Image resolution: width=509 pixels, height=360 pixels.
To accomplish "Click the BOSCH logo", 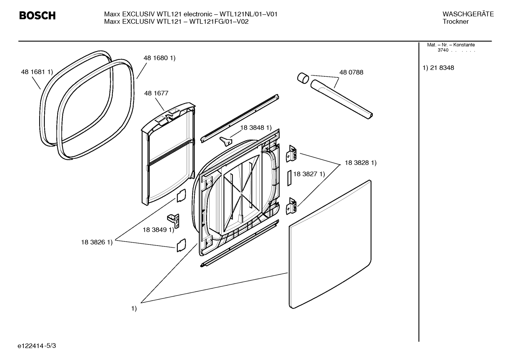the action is (37, 16).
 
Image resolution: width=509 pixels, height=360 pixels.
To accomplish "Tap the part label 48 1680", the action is (156, 58).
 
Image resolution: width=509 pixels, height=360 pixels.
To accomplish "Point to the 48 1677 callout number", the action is (156, 93).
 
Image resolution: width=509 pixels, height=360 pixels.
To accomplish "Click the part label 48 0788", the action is (351, 72).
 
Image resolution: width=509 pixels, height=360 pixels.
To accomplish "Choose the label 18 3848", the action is (252, 128).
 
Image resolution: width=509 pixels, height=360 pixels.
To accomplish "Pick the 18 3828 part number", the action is (357, 163).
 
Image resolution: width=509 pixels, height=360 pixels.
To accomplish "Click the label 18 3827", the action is (305, 174).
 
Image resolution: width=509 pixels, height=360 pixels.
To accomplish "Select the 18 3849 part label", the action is (155, 230).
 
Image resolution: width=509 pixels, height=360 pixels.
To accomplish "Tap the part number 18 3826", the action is (93, 242).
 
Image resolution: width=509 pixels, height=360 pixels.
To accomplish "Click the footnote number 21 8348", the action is (442, 68).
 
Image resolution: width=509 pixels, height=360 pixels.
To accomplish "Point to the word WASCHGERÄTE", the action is (468, 14).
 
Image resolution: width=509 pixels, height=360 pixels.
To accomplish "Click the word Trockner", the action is (456, 22).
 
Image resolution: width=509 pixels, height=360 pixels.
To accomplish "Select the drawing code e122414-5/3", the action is (37, 346).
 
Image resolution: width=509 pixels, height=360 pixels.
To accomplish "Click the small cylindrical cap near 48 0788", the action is (303, 78).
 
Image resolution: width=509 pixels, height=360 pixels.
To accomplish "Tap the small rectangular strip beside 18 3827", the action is (289, 178).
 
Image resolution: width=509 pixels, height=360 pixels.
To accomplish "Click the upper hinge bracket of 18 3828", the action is (291, 154).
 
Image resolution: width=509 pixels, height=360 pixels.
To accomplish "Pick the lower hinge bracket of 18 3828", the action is (291, 206).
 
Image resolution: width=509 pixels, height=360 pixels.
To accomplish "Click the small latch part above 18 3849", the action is (173, 221).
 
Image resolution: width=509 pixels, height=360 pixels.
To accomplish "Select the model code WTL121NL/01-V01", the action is (248, 14).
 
